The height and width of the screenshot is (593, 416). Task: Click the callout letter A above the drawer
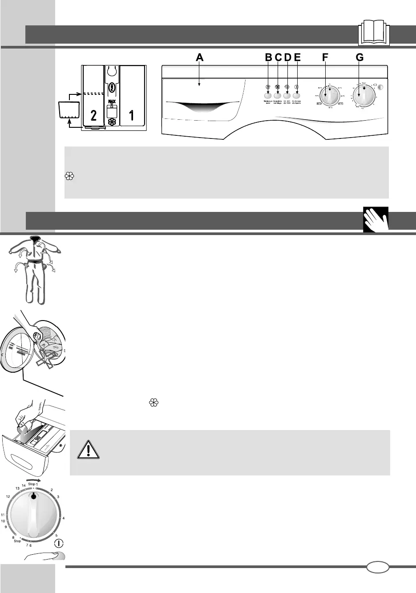199,57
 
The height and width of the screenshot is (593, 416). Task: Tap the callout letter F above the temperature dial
325,57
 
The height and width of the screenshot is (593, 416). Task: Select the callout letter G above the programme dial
359,57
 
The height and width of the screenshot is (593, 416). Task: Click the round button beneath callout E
297,95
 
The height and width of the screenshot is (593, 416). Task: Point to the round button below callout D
287,95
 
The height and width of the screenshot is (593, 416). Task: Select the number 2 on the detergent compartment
93,116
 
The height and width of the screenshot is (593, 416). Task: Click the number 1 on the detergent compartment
132,116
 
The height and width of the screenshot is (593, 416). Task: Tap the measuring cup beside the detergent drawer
69,110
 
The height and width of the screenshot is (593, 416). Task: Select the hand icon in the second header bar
376,219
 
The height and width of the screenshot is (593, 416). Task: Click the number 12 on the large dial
8,496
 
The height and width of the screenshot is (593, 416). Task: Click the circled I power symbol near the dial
59,544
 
